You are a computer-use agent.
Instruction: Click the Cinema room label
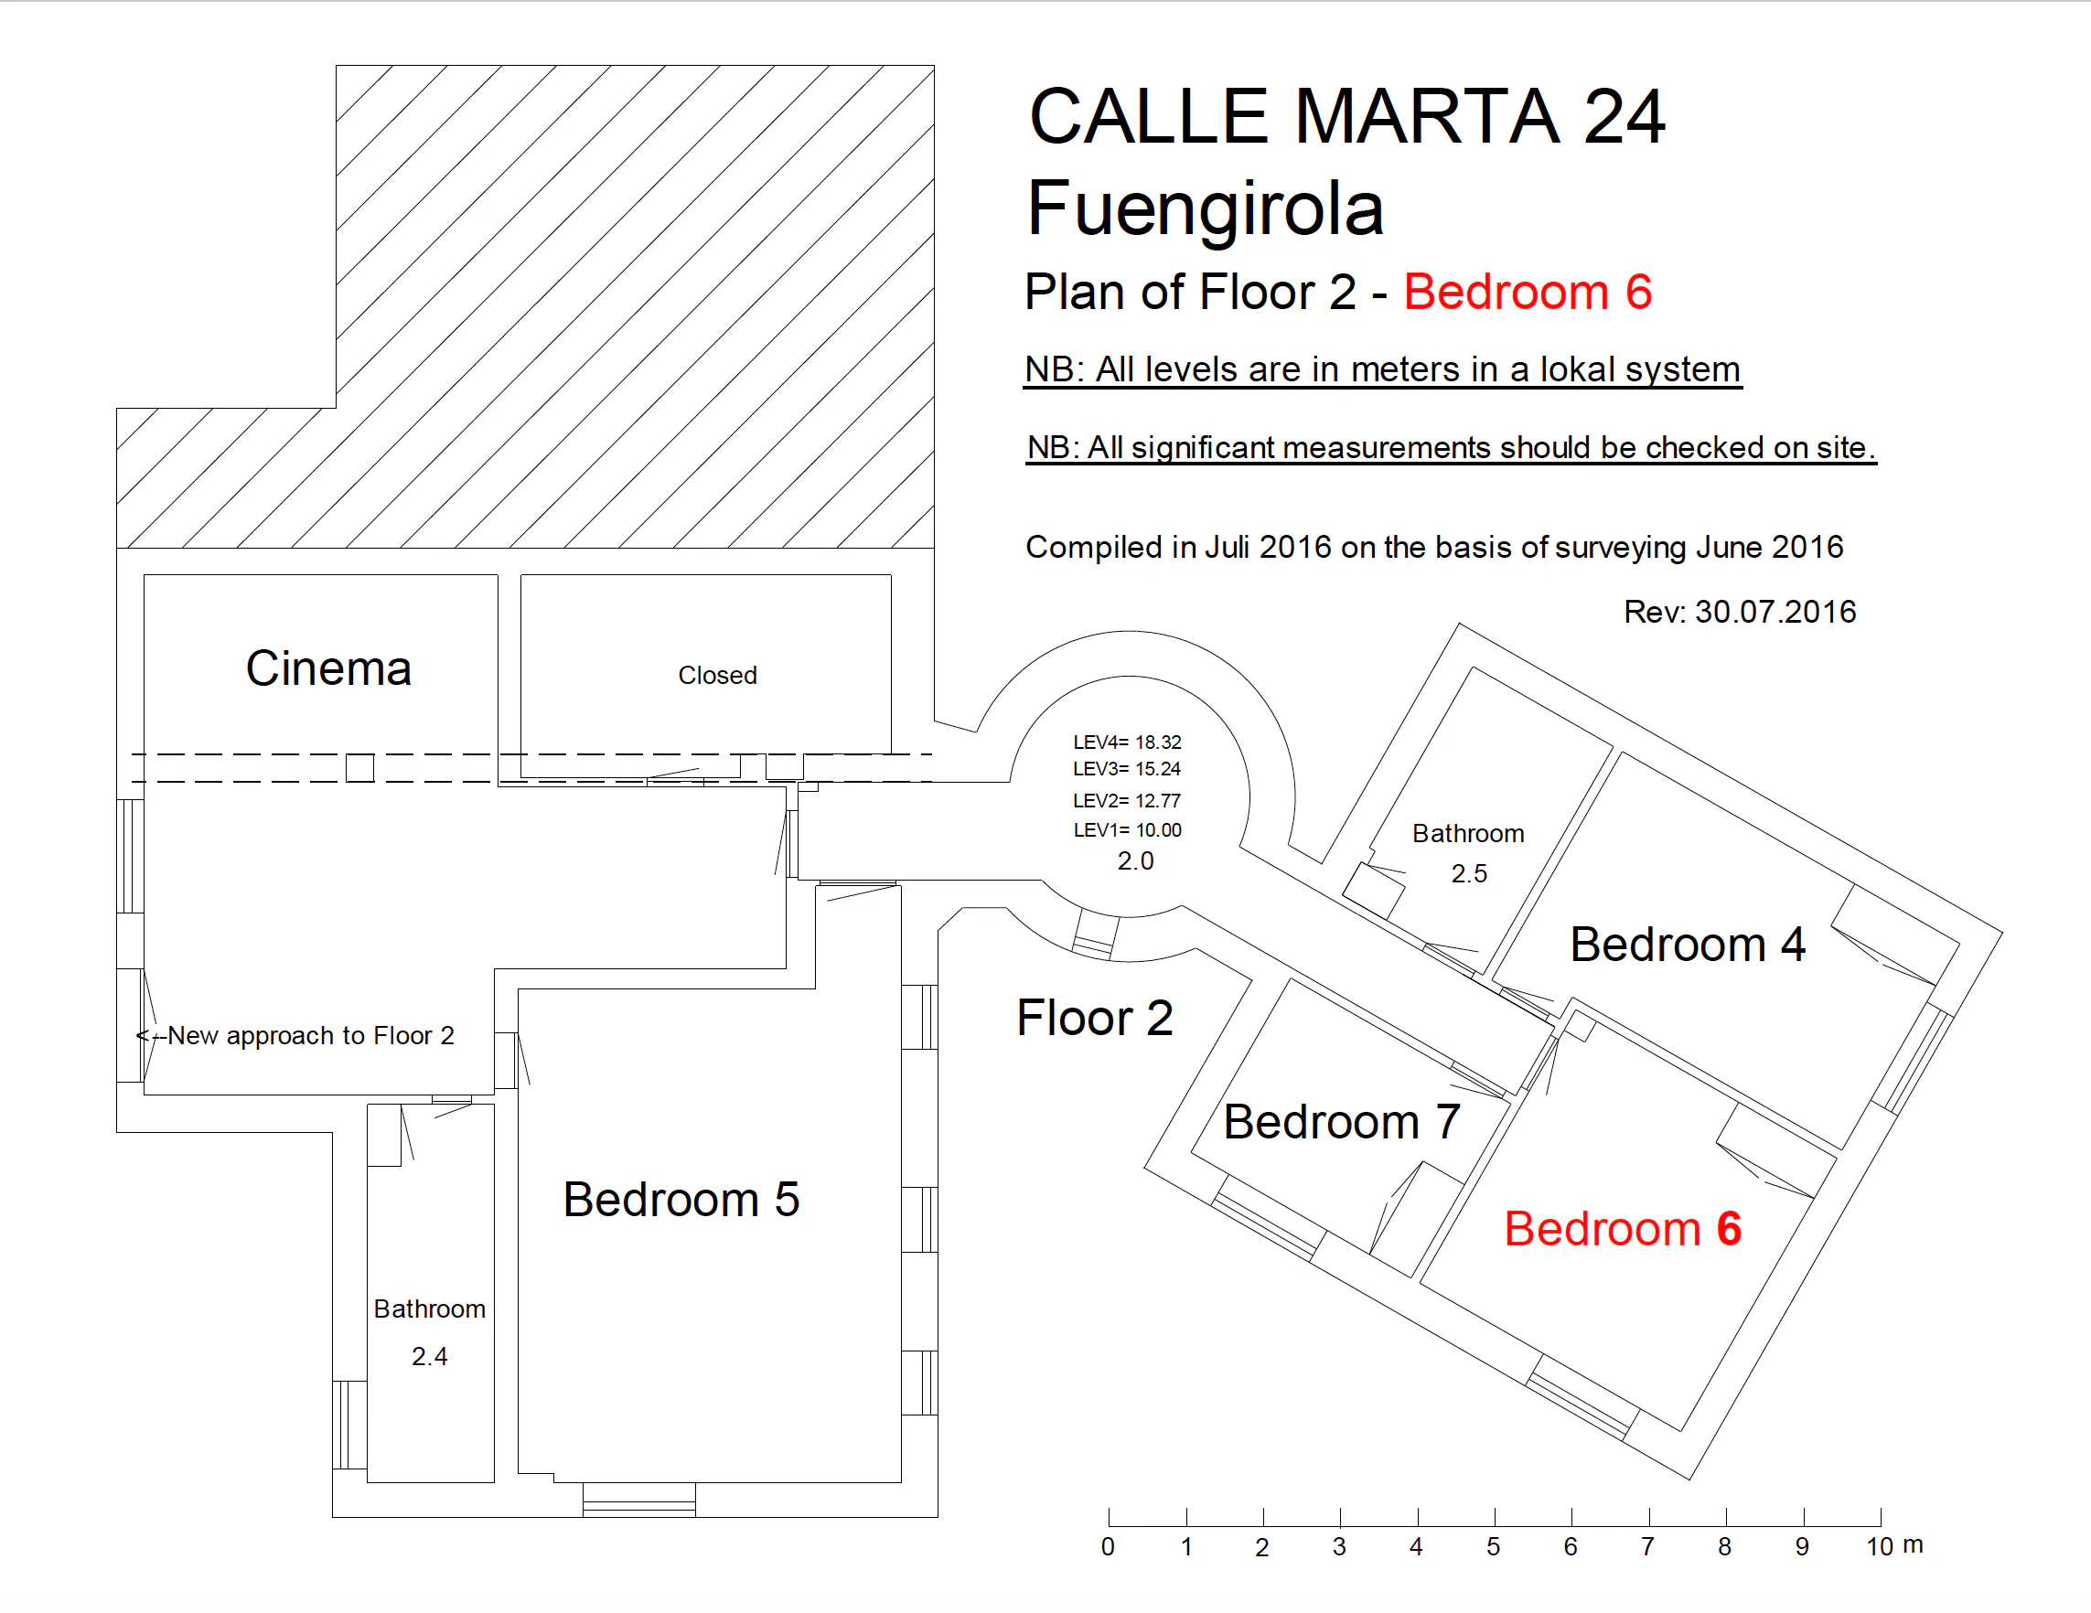pos(328,668)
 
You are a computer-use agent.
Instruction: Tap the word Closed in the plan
pos(717,675)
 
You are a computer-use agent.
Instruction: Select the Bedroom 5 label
pos(681,1200)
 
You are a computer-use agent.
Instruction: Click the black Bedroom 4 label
pos(1688,945)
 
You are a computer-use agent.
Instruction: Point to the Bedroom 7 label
pos(1341,1122)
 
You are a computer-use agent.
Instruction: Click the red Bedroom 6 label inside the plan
pos(1623,1229)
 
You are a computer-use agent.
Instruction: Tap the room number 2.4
pos(430,1356)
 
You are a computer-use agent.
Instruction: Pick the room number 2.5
pos(1469,873)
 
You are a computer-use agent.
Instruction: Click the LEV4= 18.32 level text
pos(1127,742)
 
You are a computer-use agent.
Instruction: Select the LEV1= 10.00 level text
pos(1127,830)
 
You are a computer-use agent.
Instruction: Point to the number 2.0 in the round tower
pos(1135,860)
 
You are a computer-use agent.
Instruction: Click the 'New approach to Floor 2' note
pos(310,1036)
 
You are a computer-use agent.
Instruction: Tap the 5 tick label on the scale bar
pos(1493,1547)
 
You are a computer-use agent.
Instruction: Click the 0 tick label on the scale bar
pos(1108,1547)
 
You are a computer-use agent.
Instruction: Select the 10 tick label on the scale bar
pos(1880,1547)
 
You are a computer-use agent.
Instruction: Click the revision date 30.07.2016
pos(1775,612)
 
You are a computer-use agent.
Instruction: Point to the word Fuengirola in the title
pos(1206,209)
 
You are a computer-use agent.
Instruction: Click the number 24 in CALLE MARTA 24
pos(1624,117)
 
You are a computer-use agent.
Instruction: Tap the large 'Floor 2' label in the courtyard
pos(1094,1018)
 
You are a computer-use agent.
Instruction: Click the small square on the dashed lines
pos(360,768)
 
